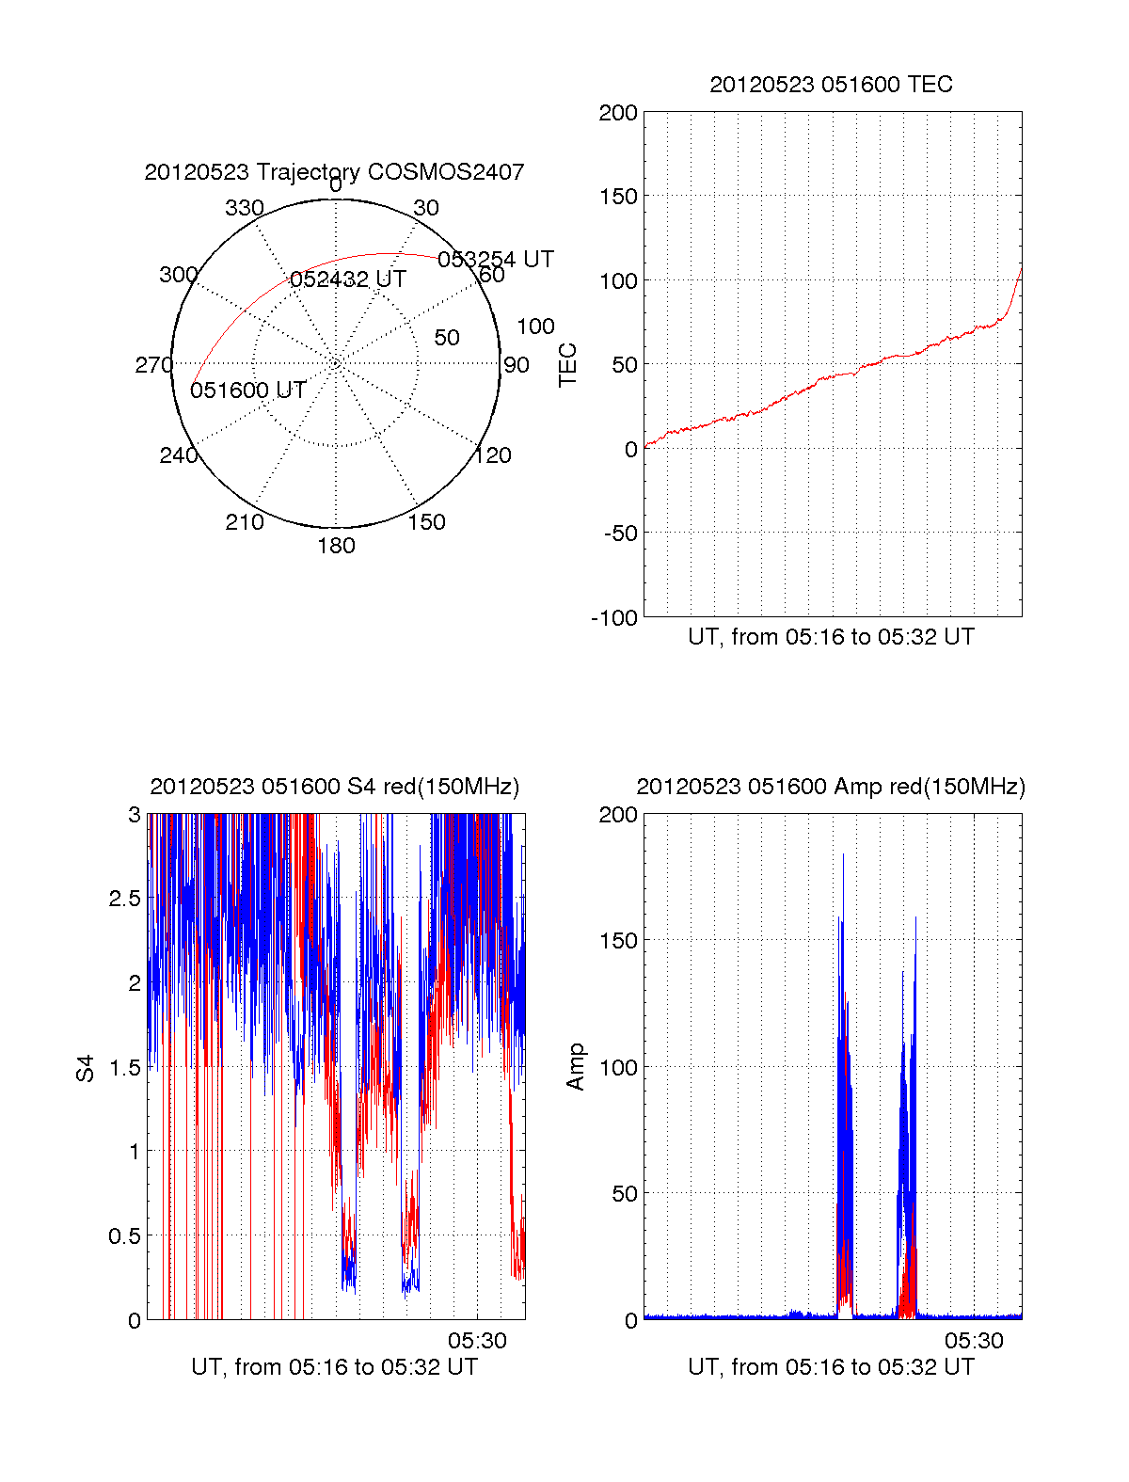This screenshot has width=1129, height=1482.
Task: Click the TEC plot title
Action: tap(831, 85)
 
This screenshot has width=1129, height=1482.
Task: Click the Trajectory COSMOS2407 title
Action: tap(334, 172)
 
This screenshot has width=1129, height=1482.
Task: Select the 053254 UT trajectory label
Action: tap(496, 259)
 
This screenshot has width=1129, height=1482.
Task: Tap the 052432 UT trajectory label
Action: tap(348, 279)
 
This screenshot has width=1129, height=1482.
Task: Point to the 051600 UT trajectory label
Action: tap(248, 390)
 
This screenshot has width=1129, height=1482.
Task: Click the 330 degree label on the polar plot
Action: tap(245, 208)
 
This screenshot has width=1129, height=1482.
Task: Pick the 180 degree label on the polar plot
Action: tap(336, 546)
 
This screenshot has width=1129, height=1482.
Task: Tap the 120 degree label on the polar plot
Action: tap(493, 455)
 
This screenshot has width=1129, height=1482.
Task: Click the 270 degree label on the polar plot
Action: tap(154, 365)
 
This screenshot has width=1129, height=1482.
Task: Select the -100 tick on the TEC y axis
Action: tap(614, 617)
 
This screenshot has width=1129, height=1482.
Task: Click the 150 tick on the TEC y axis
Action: tap(618, 197)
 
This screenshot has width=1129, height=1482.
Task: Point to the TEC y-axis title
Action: tap(568, 364)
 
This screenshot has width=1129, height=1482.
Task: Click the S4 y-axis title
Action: tap(86, 1068)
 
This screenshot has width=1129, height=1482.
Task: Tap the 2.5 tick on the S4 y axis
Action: tap(125, 899)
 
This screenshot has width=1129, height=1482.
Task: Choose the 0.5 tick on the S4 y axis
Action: tap(125, 1235)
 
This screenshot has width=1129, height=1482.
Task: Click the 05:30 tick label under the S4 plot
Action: tap(477, 1341)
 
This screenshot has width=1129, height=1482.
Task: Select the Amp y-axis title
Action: tap(576, 1067)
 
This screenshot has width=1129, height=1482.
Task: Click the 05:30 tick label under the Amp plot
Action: tap(974, 1341)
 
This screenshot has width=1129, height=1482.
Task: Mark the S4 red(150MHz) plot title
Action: tap(334, 787)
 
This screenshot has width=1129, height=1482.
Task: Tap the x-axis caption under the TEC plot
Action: tap(831, 637)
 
